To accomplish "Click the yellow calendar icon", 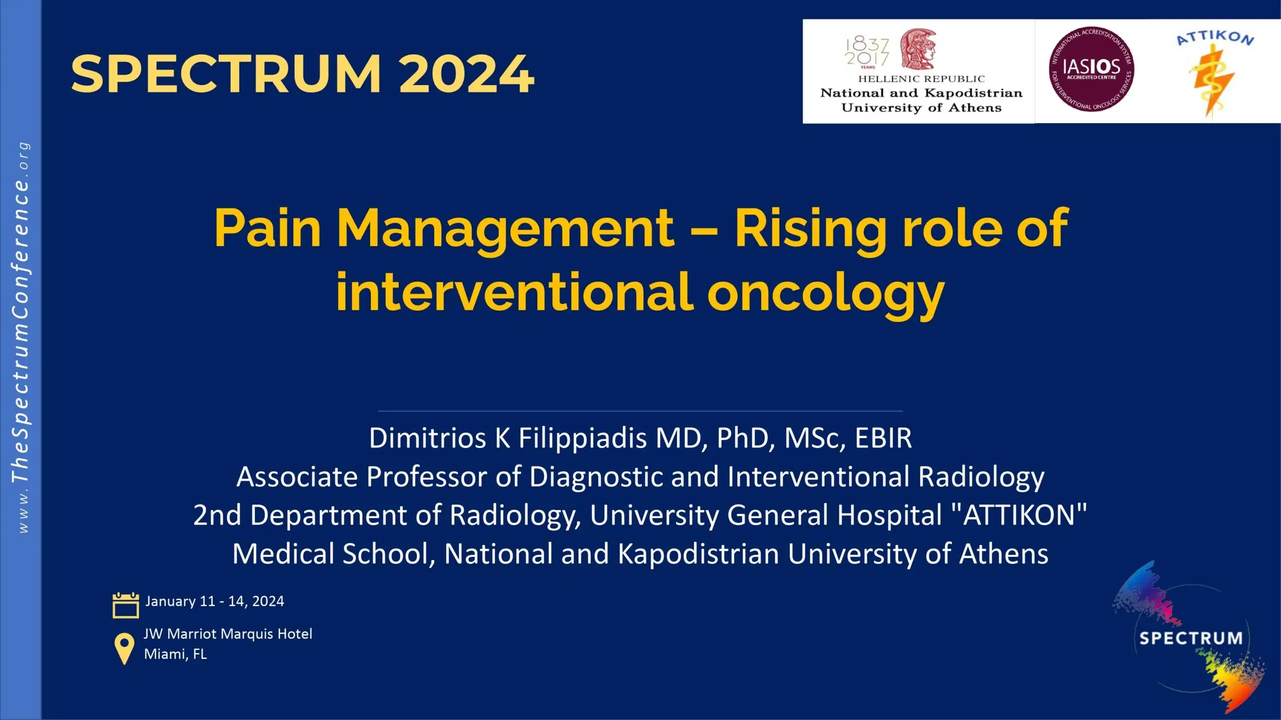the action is tap(126, 605).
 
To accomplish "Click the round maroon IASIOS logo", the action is tap(1091, 69).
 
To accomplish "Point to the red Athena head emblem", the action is tap(918, 48).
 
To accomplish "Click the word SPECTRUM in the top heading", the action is tap(226, 74).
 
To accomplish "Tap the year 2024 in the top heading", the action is tap(466, 74).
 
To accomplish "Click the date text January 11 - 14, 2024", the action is tap(215, 601).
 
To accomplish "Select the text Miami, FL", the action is tap(175, 654).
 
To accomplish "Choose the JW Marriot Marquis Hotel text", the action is tap(228, 634).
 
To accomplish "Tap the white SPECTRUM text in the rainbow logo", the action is tap(1191, 638).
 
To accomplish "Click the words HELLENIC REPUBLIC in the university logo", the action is tap(922, 79).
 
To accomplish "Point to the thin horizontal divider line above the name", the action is tap(640, 411).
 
